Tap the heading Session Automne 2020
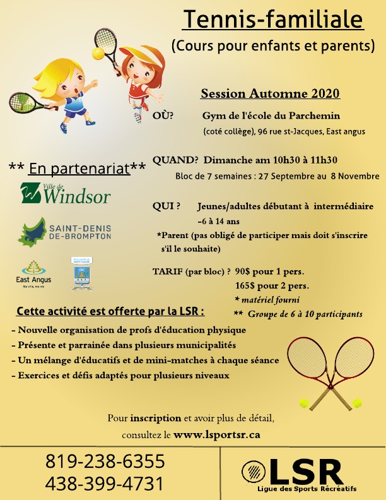point(270,94)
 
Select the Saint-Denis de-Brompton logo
point(64,230)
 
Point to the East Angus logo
point(33,273)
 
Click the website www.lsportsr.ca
point(217,435)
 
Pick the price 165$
point(245,285)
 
